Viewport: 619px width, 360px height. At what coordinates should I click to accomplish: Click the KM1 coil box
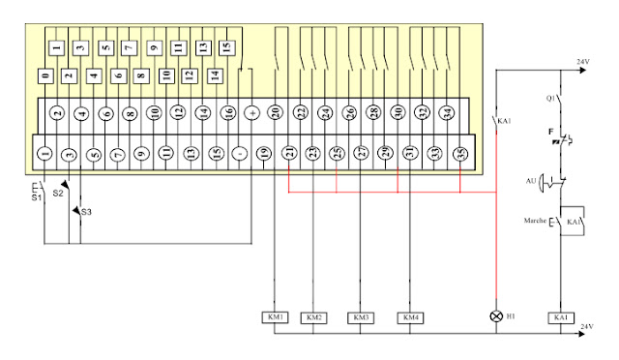(x=275, y=317)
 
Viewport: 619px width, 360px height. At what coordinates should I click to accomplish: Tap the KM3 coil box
(x=361, y=317)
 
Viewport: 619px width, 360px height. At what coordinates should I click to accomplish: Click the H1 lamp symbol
(x=496, y=316)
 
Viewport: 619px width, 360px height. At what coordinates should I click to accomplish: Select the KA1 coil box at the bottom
(x=559, y=317)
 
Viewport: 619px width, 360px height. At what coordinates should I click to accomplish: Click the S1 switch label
(x=37, y=197)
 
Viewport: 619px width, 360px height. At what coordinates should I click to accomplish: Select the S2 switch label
(x=58, y=194)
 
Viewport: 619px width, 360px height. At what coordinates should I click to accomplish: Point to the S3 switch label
(x=86, y=211)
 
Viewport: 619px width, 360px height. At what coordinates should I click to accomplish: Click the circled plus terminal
(x=251, y=112)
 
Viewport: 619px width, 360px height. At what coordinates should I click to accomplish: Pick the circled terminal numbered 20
(x=276, y=112)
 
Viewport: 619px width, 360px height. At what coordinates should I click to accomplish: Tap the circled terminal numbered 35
(x=460, y=153)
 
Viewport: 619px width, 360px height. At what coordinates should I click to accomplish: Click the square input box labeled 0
(x=45, y=75)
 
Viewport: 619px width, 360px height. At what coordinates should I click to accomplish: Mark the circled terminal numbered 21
(x=289, y=153)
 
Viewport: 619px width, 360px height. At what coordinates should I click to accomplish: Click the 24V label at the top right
(x=582, y=62)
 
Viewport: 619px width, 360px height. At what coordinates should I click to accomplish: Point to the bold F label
(x=550, y=130)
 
